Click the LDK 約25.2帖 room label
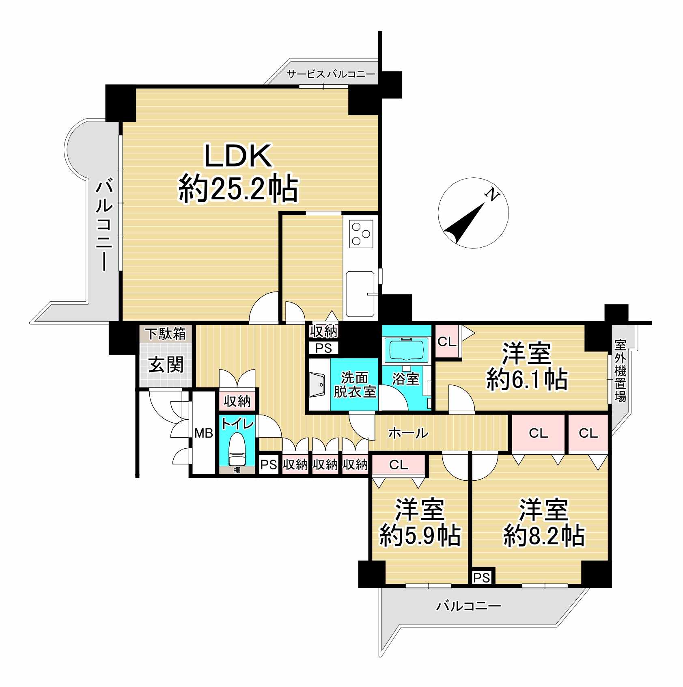point(239,173)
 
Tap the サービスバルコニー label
point(331,74)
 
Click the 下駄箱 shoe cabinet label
point(166,334)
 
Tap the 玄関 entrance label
point(166,364)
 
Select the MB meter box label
point(203,434)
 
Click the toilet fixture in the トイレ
point(237,449)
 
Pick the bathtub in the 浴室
point(407,350)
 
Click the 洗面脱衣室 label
point(354,385)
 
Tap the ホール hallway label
point(408,433)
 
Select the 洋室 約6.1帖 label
point(527,366)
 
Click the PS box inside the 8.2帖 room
point(481,577)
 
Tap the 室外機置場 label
point(620,371)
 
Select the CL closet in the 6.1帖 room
point(447,342)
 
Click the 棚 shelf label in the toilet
point(237,470)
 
